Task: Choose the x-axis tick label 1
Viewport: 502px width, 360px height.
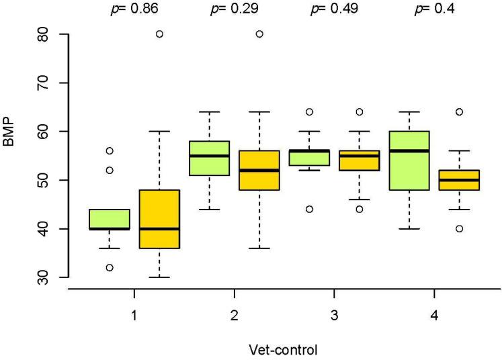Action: click(x=134, y=313)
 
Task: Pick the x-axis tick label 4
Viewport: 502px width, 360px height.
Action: click(x=433, y=313)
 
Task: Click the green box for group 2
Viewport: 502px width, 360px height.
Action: click(x=209, y=159)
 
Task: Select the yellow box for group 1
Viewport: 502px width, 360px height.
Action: click(x=159, y=219)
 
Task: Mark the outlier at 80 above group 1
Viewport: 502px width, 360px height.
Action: click(x=159, y=34)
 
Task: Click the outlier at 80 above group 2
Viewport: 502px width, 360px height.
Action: click(x=259, y=34)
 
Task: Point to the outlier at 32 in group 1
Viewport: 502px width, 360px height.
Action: click(x=109, y=267)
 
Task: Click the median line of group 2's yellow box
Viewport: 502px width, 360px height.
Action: click(x=259, y=171)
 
